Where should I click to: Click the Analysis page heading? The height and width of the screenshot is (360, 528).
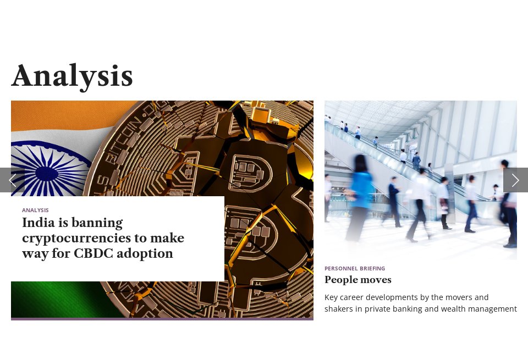pyautogui.click(x=72, y=76)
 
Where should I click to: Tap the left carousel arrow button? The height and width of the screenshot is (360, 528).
pyautogui.click(x=12, y=180)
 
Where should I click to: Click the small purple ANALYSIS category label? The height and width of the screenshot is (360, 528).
pyautogui.click(x=35, y=210)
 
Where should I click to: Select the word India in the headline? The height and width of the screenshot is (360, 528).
pyautogui.click(x=36, y=223)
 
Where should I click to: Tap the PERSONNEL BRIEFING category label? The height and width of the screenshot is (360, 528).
pyautogui.click(x=355, y=268)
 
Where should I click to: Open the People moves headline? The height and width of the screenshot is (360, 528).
pyautogui.click(x=358, y=280)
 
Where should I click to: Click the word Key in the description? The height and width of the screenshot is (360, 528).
pyautogui.click(x=331, y=297)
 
